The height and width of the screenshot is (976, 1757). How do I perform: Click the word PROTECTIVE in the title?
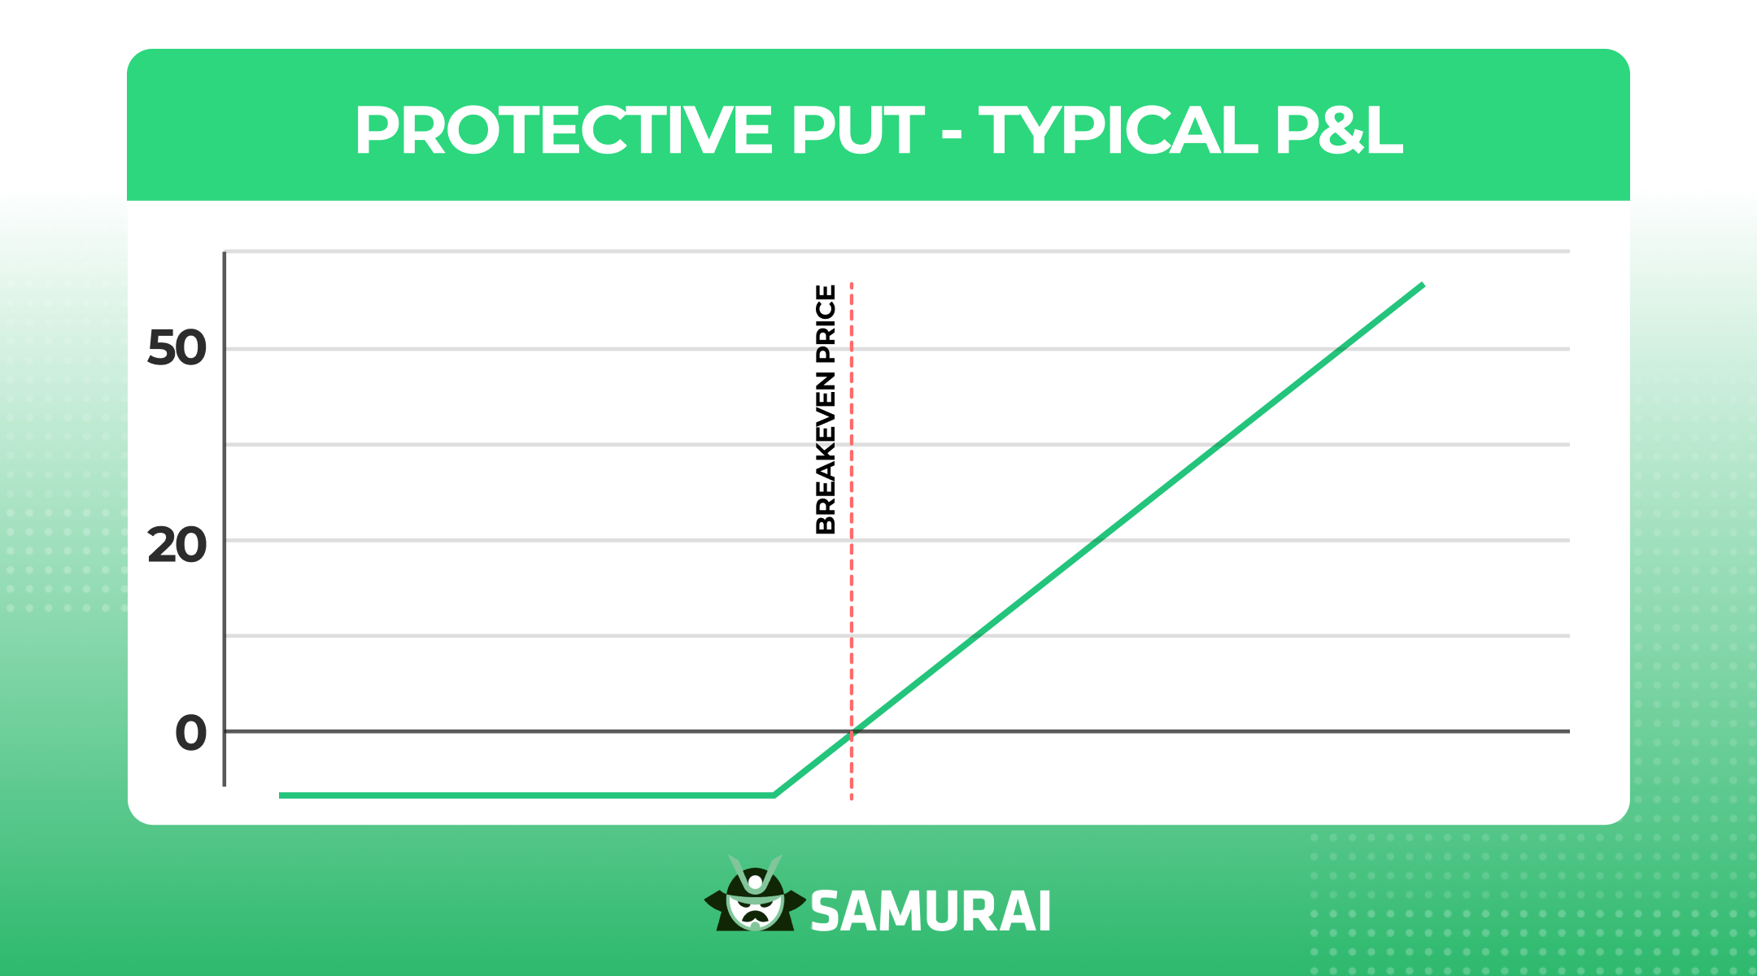coord(563,130)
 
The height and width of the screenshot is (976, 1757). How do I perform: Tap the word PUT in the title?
coord(857,130)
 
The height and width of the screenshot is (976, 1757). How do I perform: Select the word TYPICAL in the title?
coord(1117,130)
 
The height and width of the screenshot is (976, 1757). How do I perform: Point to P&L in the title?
coord(1339,130)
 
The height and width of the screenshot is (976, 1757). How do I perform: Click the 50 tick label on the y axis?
coord(177,349)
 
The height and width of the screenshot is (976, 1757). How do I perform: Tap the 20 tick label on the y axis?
coord(177,545)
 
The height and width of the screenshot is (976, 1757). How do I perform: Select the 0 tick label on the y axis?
coord(191,733)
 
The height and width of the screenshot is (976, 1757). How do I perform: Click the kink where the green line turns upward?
coord(774,795)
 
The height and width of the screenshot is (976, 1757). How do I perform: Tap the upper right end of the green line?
coord(1423,284)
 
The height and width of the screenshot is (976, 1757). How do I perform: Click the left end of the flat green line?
coord(281,795)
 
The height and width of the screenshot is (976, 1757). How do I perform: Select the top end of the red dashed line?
coord(852,283)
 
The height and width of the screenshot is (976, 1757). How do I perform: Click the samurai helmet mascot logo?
coord(755,894)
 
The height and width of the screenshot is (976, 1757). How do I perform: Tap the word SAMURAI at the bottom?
coord(931,911)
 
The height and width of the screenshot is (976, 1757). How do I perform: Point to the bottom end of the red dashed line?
coord(852,800)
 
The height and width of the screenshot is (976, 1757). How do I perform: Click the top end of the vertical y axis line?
coord(225,253)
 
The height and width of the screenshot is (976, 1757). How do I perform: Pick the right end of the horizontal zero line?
coord(1568,731)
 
